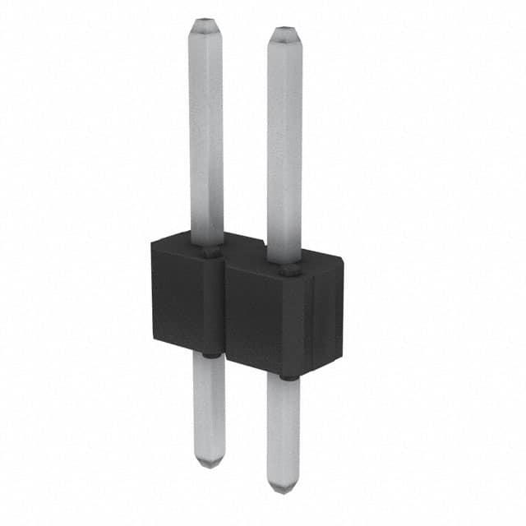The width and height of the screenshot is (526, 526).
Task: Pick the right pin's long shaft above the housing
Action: tap(284, 148)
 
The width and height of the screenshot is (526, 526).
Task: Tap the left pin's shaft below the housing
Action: tap(210, 407)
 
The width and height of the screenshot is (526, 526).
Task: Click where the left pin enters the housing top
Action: tap(210, 251)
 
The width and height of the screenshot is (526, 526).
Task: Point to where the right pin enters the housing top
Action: tap(287, 269)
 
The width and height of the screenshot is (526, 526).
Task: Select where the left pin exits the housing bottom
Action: tap(210, 356)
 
